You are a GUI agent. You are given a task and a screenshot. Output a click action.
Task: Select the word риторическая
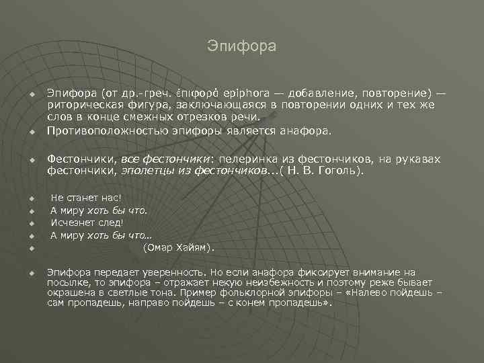(79, 105)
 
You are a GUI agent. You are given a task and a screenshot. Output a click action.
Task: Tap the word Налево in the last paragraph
(373, 293)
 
